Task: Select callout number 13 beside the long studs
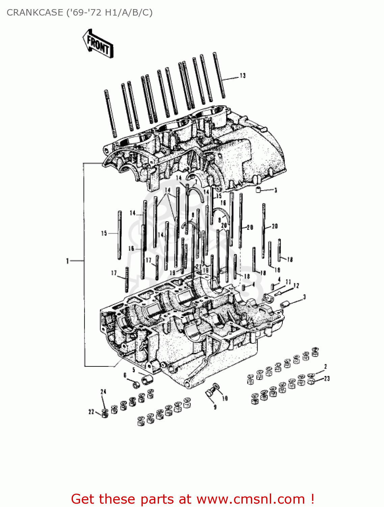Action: pyautogui.click(x=243, y=76)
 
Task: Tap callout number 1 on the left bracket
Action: pyautogui.click(x=68, y=261)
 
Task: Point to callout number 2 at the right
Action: pyautogui.click(x=326, y=366)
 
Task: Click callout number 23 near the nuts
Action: pyautogui.click(x=327, y=379)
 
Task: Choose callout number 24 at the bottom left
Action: pyautogui.click(x=103, y=391)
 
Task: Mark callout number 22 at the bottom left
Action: pyautogui.click(x=91, y=412)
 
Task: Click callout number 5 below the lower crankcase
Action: pyautogui.click(x=134, y=370)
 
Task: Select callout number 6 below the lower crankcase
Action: pyautogui.click(x=125, y=375)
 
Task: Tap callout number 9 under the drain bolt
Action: pyautogui.click(x=215, y=407)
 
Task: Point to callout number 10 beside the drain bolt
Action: pyautogui.click(x=225, y=399)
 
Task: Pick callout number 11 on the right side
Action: pyautogui.click(x=288, y=282)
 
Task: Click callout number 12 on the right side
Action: pyautogui.click(x=296, y=286)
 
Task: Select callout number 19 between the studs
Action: pyautogui.click(x=172, y=272)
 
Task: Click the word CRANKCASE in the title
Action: pyautogui.click(x=34, y=13)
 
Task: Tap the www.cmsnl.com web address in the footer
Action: pyautogui.click(x=251, y=499)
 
